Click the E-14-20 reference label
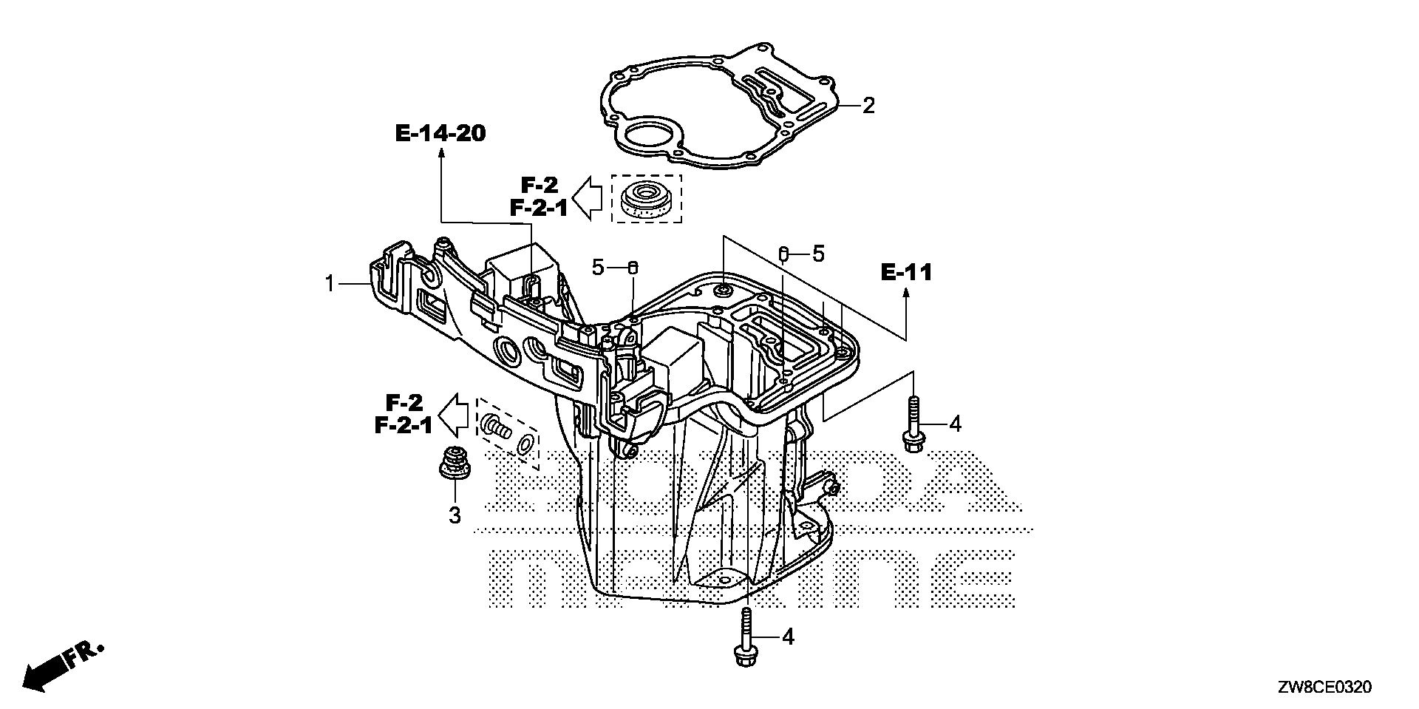click(x=440, y=133)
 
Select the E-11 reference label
click(x=906, y=273)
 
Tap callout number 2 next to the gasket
click(x=868, y=106)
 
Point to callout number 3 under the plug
click(x=455, y=515)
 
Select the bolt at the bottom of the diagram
click(x=744, y=637)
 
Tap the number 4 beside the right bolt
click(x=955, y=424)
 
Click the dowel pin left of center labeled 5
click(x=633, y=267)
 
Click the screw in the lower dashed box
click(x=495, y=427)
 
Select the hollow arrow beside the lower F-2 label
click(x=455, y=415)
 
